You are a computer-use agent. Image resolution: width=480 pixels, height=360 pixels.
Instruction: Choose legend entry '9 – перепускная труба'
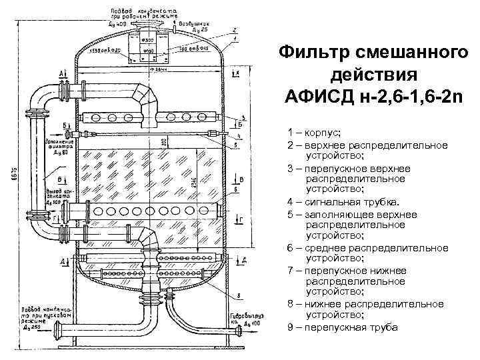342,327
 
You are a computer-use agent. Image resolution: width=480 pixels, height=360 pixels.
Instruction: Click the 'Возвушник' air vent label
196,25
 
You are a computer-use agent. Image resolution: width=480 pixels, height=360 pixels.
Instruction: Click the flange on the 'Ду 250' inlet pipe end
59,331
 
